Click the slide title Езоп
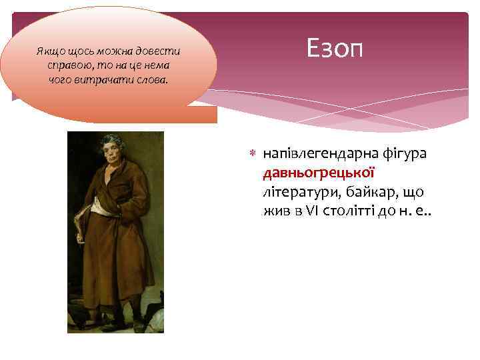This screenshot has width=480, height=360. pyautogui.click(x=335, y=47)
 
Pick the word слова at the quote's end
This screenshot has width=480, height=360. pyautogui.click(x=152, y=79)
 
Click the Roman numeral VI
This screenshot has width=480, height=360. pyautogui.click(x=311, y=211)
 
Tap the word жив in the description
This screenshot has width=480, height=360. pyautogui.click(x=274, y=211)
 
